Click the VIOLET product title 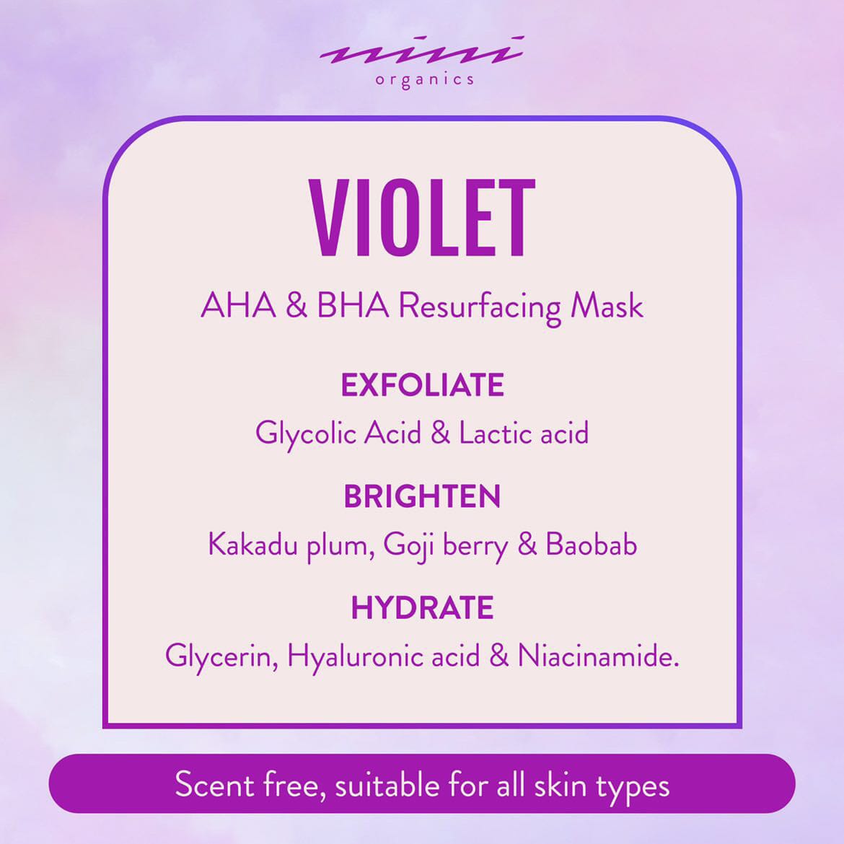click(422, 218)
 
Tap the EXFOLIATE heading click(423, 385)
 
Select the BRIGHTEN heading click(423, 496)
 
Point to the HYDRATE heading click(423, 607)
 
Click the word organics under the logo click(425, 80)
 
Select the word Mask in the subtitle click(607, 306)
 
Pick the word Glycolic click(306, 434)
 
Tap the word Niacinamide click(598, 656)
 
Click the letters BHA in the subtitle click(353, 306)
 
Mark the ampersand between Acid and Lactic click(440, 434)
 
